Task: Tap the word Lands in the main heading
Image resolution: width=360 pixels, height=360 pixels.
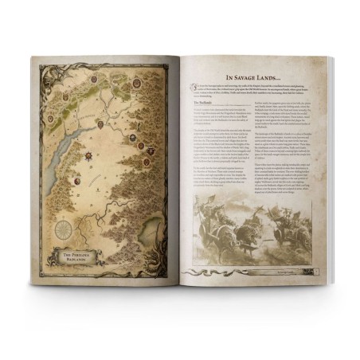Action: point(283,73)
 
